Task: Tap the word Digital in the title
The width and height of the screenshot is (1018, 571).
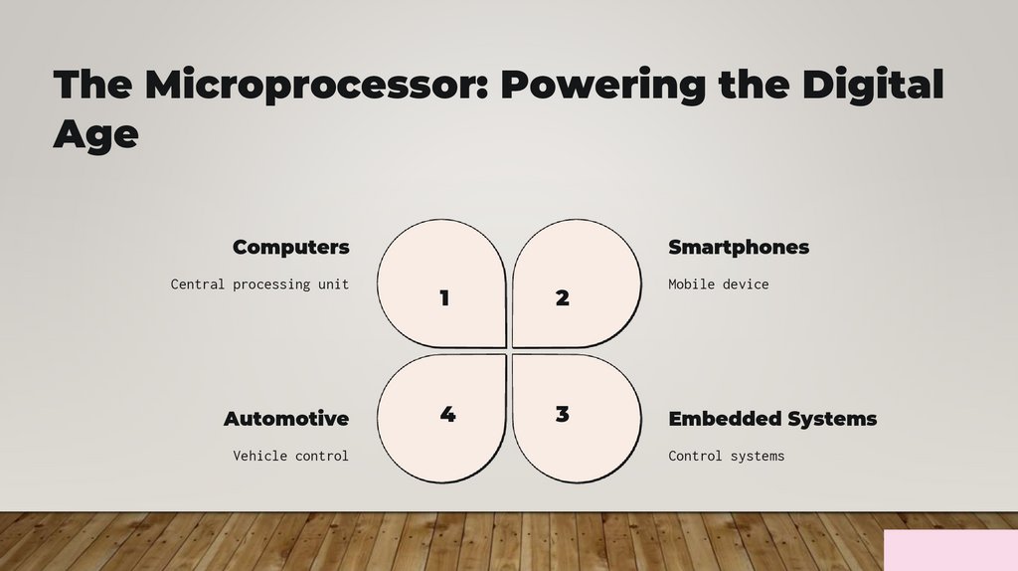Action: tap(873, 86)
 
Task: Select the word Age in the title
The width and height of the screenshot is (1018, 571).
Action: tap(95, 134)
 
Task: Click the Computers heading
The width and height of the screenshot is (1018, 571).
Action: tap(290, 247)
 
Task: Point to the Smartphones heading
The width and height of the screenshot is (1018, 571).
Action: tap(739, 247)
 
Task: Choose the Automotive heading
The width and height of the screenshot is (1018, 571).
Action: tap(286, 419)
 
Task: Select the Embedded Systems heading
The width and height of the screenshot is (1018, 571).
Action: tap(772, 419)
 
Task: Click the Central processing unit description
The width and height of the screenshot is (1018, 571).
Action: tap(259, 285)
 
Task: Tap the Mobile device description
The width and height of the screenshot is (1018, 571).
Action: tap(718, 285)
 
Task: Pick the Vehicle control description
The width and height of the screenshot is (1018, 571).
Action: tap(290, 456)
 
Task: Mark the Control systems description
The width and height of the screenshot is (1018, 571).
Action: tap(726, 456)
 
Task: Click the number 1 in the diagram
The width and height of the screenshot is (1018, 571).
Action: tap(444, 297)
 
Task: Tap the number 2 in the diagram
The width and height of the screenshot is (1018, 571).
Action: tap(563, 297)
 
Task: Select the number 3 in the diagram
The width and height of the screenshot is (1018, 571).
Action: tap(563, 414)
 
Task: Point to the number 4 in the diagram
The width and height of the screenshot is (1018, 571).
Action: tap(447, 414)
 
